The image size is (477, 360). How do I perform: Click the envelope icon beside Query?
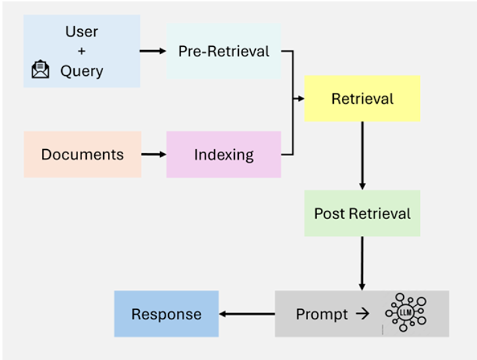[40, 69]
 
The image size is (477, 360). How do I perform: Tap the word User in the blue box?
[81, 32]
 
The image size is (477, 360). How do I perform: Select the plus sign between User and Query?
[81, 51]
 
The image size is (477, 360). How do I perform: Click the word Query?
[82, 72]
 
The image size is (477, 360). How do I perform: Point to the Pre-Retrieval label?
[224, 51]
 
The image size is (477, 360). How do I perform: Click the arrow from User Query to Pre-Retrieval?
[153, 51]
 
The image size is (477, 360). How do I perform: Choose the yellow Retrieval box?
[362, 98]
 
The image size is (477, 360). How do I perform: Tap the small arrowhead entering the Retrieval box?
[301, 98]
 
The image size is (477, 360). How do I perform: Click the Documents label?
[83, 155]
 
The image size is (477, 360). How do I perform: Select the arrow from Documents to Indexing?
[153, 155]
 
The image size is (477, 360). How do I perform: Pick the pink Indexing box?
[224, 155]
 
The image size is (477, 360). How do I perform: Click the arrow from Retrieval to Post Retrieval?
[362, 156]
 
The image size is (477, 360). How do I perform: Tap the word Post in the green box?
[330, 214]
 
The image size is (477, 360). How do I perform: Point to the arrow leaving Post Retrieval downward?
[362, 263]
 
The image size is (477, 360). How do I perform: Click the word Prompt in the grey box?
[322, 315]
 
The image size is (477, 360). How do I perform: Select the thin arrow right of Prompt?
[362, 314]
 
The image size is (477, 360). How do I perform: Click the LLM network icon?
[406, 312]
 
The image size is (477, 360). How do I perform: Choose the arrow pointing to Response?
[247, 314]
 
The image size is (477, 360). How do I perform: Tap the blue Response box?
[166, 314]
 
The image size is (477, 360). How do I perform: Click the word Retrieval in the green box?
[380, 214]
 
